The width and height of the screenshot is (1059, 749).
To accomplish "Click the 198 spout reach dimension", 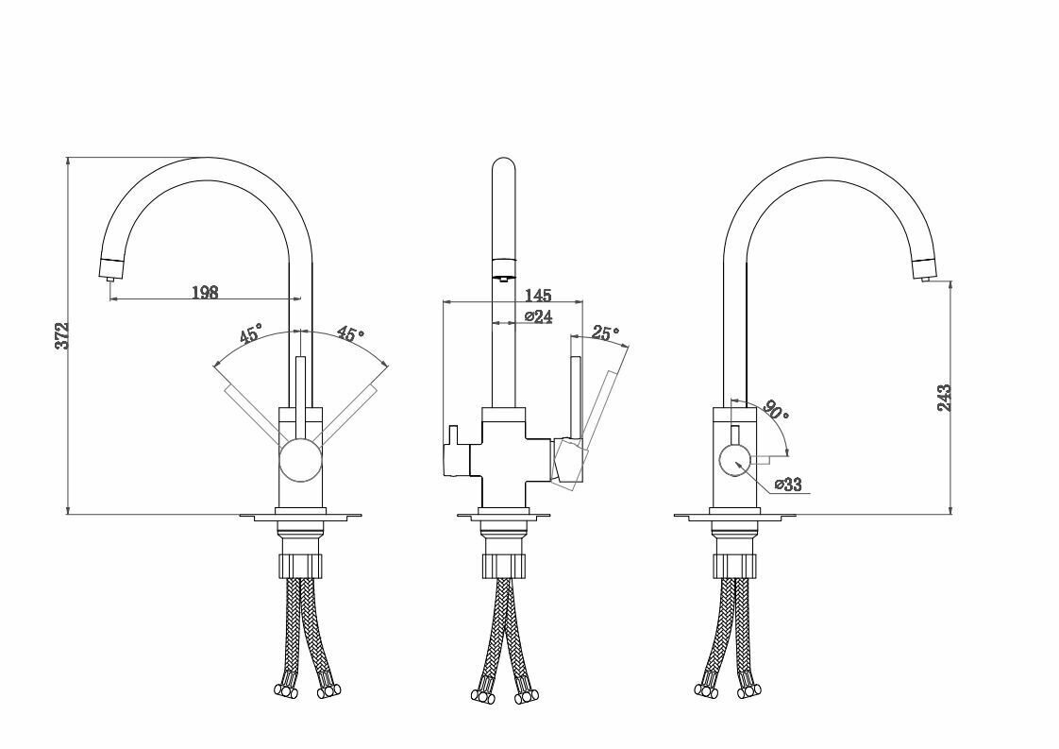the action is point(206,292).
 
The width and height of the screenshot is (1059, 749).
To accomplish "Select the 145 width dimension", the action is point(538,295).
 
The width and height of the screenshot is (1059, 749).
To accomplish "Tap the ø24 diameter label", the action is point(538,315).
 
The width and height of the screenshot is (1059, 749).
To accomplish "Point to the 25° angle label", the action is point(605,332).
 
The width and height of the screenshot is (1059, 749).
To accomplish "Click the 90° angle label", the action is point(775,410).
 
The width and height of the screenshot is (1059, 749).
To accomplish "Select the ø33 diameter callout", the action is point(788,484).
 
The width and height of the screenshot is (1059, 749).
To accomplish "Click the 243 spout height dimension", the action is point(944,398).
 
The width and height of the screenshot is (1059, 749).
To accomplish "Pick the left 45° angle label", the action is point(249,334).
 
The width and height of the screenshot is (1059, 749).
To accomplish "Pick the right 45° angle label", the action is point(351,334).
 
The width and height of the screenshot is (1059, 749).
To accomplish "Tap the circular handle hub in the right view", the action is point(733,460).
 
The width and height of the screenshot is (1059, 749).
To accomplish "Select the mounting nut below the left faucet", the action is point(300,565).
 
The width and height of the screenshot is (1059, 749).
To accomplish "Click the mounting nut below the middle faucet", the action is point(504,565).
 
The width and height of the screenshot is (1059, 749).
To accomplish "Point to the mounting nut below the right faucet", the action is point(735,565).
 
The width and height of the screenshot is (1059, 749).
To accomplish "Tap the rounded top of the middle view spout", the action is point(504,166).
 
